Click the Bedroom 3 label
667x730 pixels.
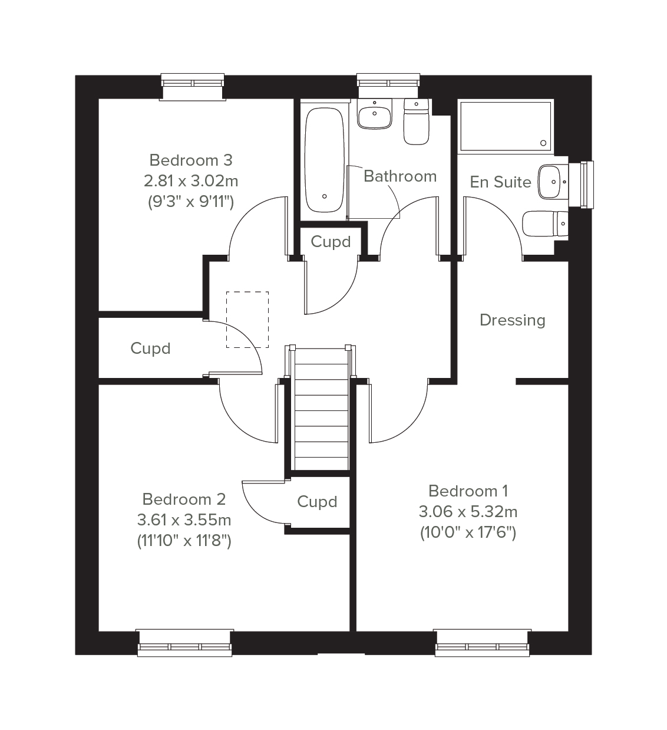[x=190, y=160]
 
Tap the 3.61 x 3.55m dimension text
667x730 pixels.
[x=184, y=520]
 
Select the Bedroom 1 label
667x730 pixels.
[x=468, y=491]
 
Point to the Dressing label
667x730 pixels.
[x=513, y=320]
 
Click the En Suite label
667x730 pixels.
[x=500, y=182]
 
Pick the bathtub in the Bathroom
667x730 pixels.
[x=324, y=160]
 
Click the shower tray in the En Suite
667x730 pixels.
[x=506, y=126]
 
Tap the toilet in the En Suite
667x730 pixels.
[x=545, y=223]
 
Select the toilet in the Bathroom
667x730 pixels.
[x=416, y=122]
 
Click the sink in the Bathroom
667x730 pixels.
[x=374, y=114]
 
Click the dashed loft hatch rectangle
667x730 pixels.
[x=247, y=320]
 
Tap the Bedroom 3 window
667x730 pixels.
[x=193, y=86]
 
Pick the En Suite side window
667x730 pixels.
[x=582, y=185]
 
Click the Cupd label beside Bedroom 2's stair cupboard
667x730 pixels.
[x=317, y=502]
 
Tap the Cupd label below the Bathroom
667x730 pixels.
[x=331, y=242]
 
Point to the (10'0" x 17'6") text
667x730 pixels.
[x=468, y=533]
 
